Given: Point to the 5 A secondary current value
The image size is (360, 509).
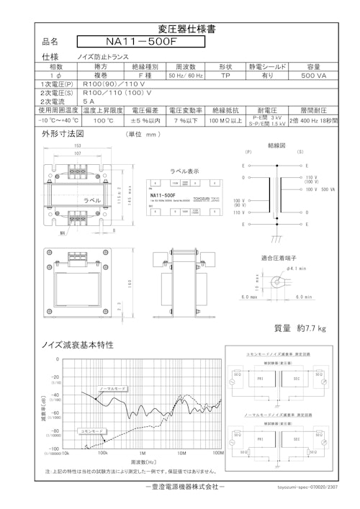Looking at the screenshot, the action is point(89,102).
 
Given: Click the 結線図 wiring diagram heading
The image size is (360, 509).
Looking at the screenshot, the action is point(277,144).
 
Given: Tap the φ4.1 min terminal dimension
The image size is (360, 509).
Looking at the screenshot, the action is point(298,268).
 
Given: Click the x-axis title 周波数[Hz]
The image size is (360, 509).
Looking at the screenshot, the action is point(143,462).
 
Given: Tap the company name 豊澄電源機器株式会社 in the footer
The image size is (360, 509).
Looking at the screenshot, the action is point(180,488).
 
